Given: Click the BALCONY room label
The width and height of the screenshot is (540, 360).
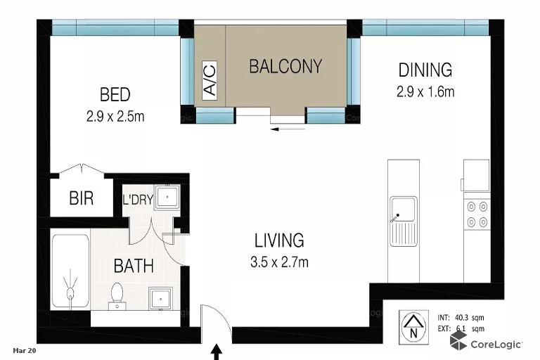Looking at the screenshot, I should pyautogui.click(x=285, y=67).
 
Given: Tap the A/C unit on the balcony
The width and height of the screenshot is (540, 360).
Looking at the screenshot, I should pyautogui.click(x=210, y=79).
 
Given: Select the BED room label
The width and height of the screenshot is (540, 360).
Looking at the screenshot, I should pyautogui.click(x=115, y=94).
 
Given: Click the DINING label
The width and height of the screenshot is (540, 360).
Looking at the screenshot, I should pyautogui.click(x=425, y=70).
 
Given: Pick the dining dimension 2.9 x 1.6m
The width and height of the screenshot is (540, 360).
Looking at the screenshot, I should pyautogui.click(x=425, y=91).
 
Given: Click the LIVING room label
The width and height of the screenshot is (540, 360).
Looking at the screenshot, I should pyautogui.click(x=280, y=240).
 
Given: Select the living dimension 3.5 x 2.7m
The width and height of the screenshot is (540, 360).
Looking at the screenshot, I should pyautogui.click(x=280, y=262).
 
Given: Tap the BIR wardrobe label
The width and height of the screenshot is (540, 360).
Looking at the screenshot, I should pyautogui.click(x=81, y=199).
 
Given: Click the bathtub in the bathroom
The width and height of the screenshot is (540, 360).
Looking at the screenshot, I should pyautogui.click(x=70, y=271).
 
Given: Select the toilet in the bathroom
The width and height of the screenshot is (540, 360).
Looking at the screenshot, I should pyautogui.click(x=117, y=295).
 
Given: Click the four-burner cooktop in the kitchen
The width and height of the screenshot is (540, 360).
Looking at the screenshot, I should pyautogui.click(x=477, y=214).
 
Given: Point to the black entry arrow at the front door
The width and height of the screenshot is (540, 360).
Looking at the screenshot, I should pyautogui.click(x=217, y=349).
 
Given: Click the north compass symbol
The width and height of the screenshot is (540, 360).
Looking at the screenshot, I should pyautogui.click(x=411, y=324).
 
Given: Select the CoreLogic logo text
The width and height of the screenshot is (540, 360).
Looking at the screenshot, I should pyautogui.click(x=496, y=344).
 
